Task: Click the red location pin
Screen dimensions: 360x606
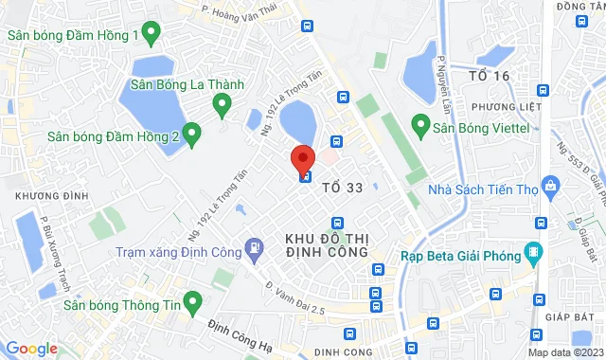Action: (x=303, y=159)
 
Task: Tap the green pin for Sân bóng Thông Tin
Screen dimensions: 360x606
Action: (x=193, y=303)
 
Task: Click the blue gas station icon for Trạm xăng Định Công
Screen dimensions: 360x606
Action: (x=253, y=250)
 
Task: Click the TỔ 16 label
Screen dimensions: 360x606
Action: (x=490, y=75)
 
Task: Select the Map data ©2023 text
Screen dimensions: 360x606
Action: (x=564, y=352)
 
